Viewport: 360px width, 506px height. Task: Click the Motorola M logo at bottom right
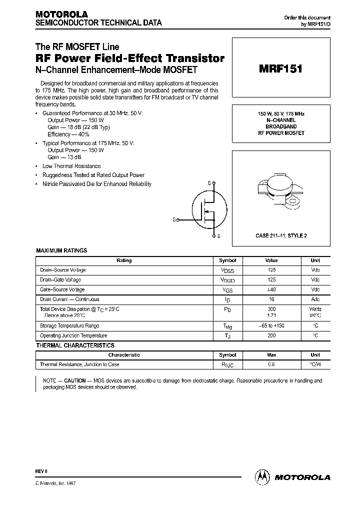[x=262, y=477]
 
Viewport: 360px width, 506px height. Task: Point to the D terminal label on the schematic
[x=209, y=183]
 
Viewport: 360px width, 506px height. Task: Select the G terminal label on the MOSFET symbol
[x=174, y=219]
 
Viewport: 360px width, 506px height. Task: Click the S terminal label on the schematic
[x=218, y=235]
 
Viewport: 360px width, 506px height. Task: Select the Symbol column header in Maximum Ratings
[x=227, y=260]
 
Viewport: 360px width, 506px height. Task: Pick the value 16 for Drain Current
[x=271, y=299]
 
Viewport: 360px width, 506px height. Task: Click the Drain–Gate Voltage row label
[x=60, y=280]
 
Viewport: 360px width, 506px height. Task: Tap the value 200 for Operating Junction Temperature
[x=271, y=335]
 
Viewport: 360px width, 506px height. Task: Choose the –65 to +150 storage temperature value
[x=271, y=325]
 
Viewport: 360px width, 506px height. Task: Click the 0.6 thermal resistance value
[x=271, y=364]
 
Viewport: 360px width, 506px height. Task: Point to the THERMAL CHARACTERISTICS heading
[x=75, y=345]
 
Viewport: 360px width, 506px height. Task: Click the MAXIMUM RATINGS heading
[x=61, y=250]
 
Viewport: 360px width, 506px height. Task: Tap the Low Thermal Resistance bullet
[x=71, y=166]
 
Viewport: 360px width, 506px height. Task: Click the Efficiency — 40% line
[x=68, y=134]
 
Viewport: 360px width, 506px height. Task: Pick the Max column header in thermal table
[x=271, y=355]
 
